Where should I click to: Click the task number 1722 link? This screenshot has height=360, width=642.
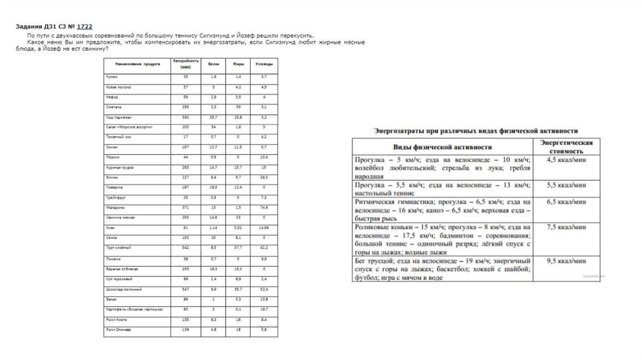pos(85,27)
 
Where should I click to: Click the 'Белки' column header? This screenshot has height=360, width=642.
pos(214,65)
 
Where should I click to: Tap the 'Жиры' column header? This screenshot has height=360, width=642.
pos(238,65)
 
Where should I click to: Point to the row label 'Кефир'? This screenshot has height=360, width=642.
pos(113,98)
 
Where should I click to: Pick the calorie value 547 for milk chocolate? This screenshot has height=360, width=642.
pos(185,289)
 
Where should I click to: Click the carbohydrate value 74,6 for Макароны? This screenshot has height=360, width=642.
pos(264,207)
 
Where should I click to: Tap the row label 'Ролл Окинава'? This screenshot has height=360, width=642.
pos(118,329)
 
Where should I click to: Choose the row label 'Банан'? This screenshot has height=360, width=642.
pos(112,299)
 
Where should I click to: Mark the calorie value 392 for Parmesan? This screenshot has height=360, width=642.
pos(185,117)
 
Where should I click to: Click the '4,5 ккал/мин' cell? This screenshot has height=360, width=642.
pos(566,161)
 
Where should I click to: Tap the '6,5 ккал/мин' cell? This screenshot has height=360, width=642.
pos(566,202)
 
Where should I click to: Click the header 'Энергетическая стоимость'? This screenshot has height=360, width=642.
pos(566,146)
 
